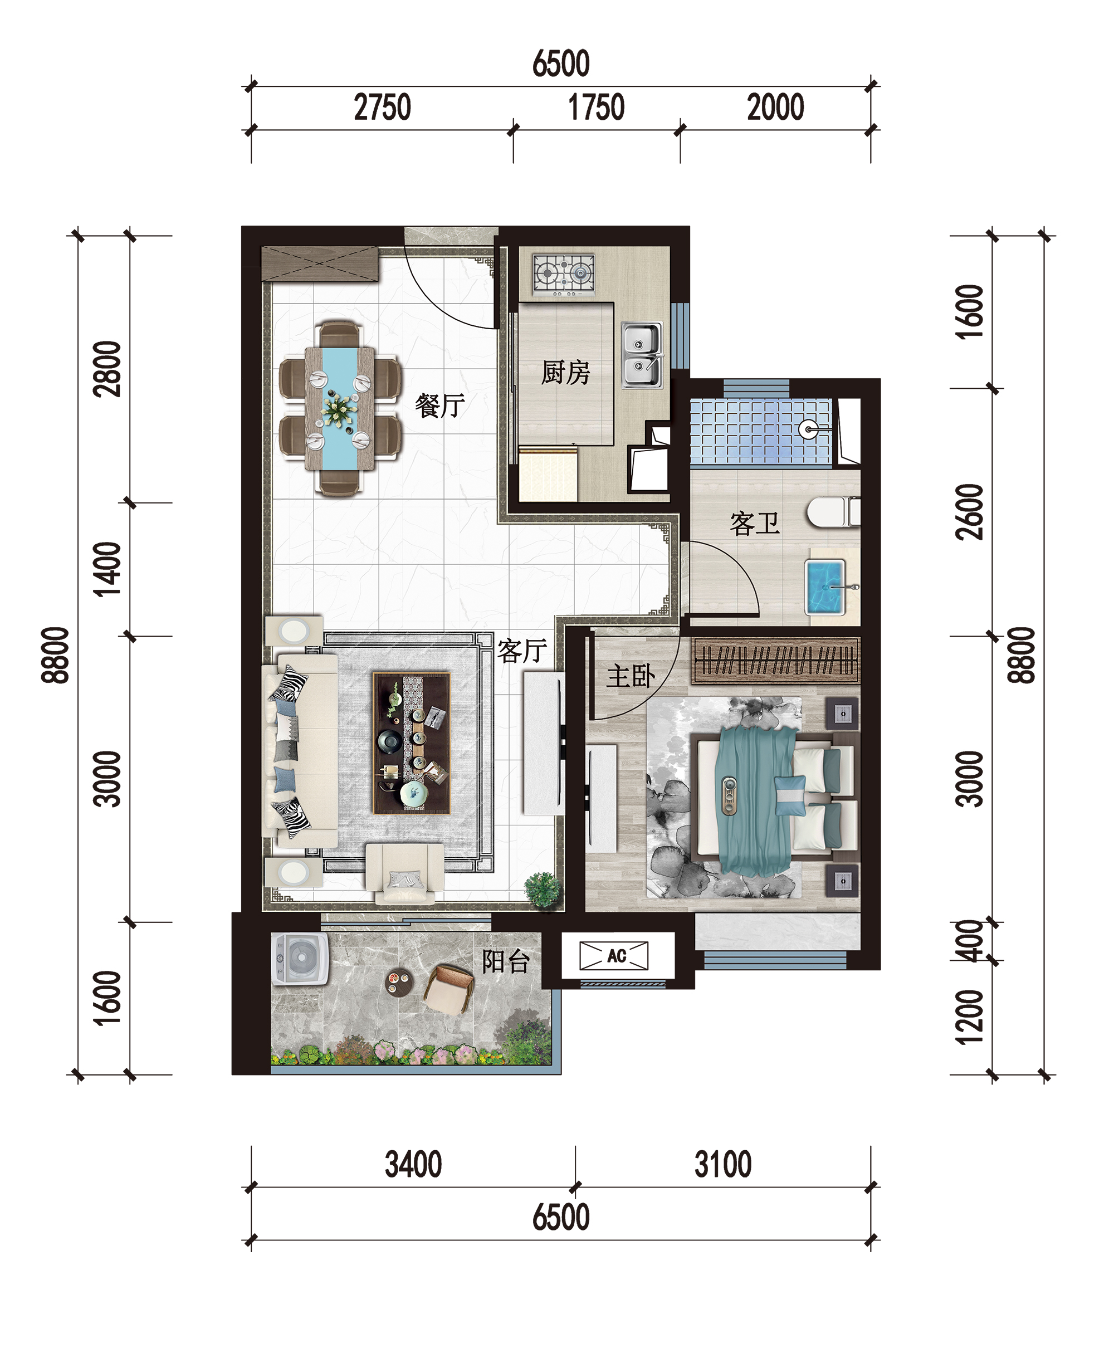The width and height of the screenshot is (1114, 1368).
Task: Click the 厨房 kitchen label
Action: pyautogui.click(x=565, y=373)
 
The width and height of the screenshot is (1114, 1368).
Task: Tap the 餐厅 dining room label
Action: pyautogui.click(x=439, y=405)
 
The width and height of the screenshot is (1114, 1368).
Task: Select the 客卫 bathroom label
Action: pyautogui.click(x=755, y=524)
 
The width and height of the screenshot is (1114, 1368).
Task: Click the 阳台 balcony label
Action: pyautogui.click(x=506, y=961)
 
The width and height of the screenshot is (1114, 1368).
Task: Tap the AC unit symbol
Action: pyautogui.click(x=614, y=956)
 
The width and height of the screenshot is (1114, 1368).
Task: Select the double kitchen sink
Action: pyautogui.click(x=642, y=355)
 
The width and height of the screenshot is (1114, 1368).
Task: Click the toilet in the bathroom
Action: pyautogui.click(x=833, y=512)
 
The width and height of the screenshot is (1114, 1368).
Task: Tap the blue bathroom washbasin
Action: pyautogui.click(x=827, y=587)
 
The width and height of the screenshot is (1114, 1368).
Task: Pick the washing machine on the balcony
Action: pyautogui.click(x=300, y=959)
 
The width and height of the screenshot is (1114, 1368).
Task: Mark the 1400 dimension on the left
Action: pyautogui.click(x=106, y=569)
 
